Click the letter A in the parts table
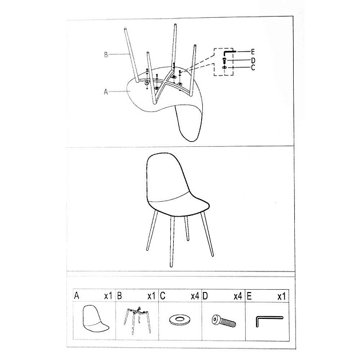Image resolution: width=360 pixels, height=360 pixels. (77, 296)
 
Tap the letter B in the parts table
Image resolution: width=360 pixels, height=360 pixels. (120, 296)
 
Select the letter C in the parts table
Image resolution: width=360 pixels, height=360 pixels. (163, 296)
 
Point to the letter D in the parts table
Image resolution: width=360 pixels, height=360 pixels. (205, 296)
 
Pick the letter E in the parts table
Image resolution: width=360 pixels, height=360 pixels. (249, 296)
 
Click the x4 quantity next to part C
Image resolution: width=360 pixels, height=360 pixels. (194, 296)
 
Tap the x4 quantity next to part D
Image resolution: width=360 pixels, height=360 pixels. (238, 296)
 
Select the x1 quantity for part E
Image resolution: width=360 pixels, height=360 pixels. (281, 296)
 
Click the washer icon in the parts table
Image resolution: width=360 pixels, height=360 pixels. (181, 319)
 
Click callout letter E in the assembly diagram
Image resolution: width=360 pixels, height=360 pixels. (252, 51)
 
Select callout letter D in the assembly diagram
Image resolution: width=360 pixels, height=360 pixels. (252, 60)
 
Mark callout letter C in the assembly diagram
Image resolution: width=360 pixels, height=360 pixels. (252, 67)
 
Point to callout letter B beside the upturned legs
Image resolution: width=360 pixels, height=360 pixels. (106, 55)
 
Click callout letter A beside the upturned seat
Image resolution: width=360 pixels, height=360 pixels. (106, 90)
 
